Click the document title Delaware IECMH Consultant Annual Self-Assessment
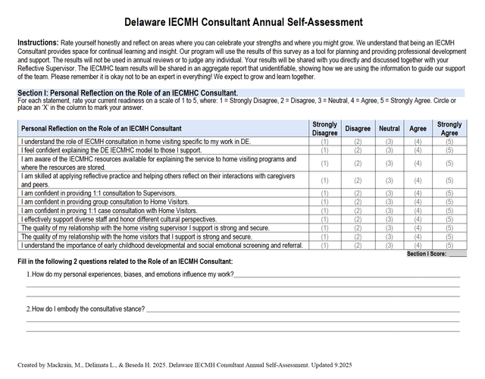pyautogui.click(x=242, y=22)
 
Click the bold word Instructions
pyautogui.click(x=36, y=42)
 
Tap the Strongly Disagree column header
pyautogui.click(x=325, y=128)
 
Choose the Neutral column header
pyautogui.click(x=390, y=128)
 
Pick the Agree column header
pyautogui.click(x=418, y=128)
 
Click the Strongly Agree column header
pyautogui.click(x=449, y=128)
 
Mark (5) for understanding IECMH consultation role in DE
pyautogui.click(x=449, y=142)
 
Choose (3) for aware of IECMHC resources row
pyautogui.click(x=390, y=162)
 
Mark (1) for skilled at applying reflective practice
pyautogui.click(x=325, y=180)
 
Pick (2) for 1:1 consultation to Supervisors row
pyautogui.click(x=358, y=193)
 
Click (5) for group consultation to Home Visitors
pyautogui.click(x=449, y=202)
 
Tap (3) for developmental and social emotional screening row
pyautogui.click(x=390, y=245)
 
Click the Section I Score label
pyautogui.click(x=426, y=254)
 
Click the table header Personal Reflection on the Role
pyautogui.click(x=102, y=128)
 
